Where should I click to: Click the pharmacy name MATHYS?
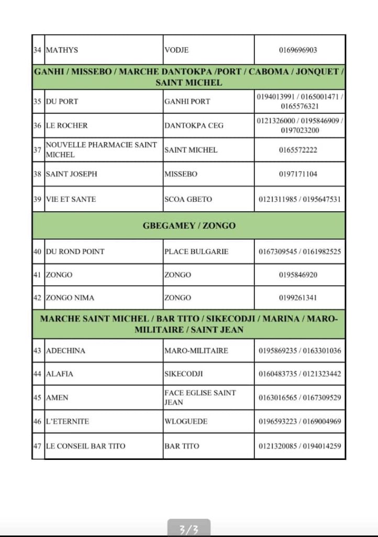pyautogui.click(x=62, y=50)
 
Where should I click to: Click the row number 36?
pyautogui.click(x=37, y=126)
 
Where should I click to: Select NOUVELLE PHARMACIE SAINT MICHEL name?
pyautogui.click(x=101, y=150)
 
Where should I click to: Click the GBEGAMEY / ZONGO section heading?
pyautogui.click(x=188, y=226)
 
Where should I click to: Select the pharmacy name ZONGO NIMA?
pyautogui.click(x=70, y=298)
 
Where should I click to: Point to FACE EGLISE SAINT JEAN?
pyautogui.click(x=199, y=398)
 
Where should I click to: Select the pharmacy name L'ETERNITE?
pyautogui.click(x=67, y=422)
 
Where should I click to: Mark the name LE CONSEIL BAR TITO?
pyautogui.click(x=85, y=446)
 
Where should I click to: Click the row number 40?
pyautogui.click(x=37, y=252)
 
